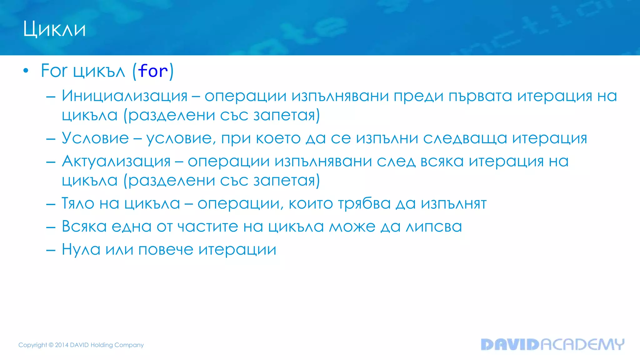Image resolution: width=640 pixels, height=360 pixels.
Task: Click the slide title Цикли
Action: (x=54, y=29)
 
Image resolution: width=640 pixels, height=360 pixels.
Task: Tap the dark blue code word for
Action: (x=153, y=71)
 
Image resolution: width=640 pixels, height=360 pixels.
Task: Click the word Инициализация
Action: (x=124, y=96)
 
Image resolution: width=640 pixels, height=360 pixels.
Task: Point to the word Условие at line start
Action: (x=95, y=138)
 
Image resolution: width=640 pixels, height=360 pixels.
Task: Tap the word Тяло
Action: (x=78, y=204)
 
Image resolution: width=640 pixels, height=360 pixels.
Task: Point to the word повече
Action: (x=166, y=250)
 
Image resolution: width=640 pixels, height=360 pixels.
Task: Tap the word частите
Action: (x=207, y=227)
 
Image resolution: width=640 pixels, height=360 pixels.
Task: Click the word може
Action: (x=352, y=227)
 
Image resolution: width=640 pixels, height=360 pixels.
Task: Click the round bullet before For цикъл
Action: (x=26, y=71)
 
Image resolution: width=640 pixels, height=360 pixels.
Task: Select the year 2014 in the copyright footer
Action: (x=62, y=345)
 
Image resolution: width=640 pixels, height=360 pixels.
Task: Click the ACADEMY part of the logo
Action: (x=582, y=344)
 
